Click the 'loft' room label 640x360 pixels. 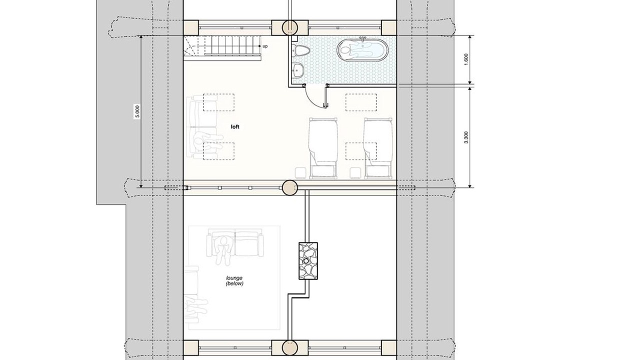tap(235, 126)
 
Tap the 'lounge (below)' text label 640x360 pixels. tap(234, 281)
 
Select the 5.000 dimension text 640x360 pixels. tap(137, 111)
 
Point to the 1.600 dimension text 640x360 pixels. tap(466, 59)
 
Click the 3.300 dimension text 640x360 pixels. tap(466, 137)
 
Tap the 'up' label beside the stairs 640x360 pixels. tap(265, 46)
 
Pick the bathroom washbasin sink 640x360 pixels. tap(297, 69)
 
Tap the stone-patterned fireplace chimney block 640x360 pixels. tap(308, 261)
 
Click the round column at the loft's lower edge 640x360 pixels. tap(290, 187)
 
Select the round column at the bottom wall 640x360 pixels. tap(290, 347)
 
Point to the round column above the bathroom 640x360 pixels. tap(290, 27)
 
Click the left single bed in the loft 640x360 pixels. tap(323, 148)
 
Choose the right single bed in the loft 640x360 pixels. tap(377, 148)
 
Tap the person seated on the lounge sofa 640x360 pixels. tap(223, 248)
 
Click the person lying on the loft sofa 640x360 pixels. tap(208, 140)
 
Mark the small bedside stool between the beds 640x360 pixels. tap(355, 173)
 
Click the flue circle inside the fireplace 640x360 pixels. tap(306, 260)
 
